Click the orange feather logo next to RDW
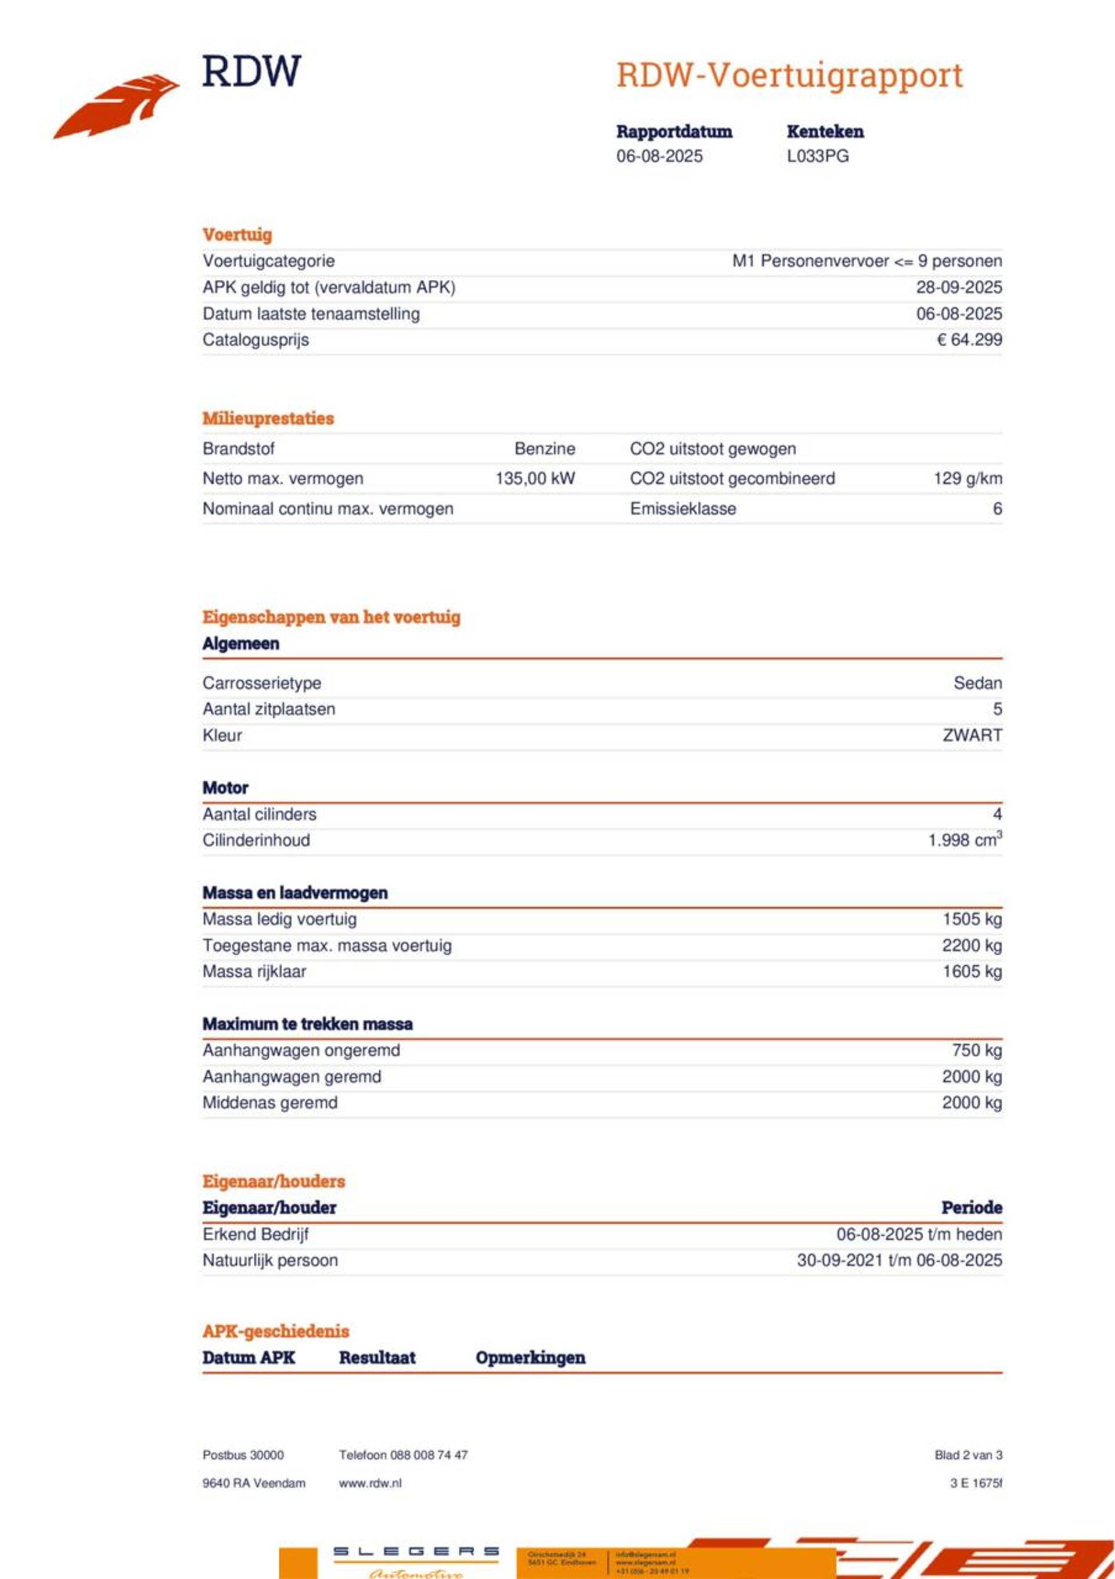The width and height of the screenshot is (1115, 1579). (116, 107)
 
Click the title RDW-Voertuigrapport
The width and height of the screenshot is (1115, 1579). (789, 75)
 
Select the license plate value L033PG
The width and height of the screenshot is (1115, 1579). (817, 156)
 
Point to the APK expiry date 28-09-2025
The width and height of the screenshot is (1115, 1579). (958, 287)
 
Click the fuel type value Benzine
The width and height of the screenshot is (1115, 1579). (544, 448)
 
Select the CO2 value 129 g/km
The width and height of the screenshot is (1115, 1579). (967, 479)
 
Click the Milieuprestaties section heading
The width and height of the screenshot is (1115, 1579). (268, 418)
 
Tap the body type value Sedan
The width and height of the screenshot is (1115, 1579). (977, 683)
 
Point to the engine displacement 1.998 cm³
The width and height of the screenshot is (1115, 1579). (965, 840)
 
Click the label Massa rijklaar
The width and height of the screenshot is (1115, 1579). (254, 971)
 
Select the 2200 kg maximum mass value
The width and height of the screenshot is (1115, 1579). (971, 945)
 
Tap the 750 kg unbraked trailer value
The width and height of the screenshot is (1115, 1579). (976, 1050)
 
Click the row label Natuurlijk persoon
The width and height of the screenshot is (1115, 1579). (269, 1260)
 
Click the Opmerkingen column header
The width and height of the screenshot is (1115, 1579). (530, 1358)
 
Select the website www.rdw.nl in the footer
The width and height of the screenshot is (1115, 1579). (369, 1483)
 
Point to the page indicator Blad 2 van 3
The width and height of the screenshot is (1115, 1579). (968, 1455)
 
